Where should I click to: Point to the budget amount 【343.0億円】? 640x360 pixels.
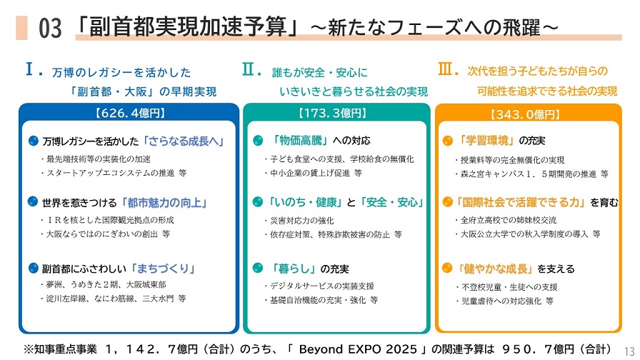click(525, 114)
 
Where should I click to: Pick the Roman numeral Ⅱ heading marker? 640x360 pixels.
click(249, 69)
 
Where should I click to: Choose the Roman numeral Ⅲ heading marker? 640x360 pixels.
click(445, 69)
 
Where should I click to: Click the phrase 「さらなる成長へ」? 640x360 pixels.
click(184, 141)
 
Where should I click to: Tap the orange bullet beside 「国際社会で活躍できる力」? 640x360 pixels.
click(447, 202)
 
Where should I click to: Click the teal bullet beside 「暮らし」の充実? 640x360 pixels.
click(258, 269)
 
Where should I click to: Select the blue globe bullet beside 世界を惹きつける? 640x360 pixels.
click(33, 202)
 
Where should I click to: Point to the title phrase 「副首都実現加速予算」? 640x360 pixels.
click(191, 27)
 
